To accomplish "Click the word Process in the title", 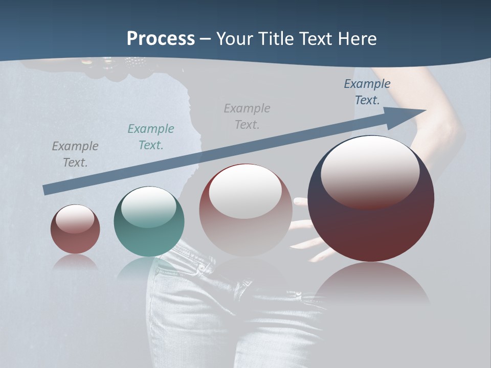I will click(x=161, y=39).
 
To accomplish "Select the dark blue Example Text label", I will click(x=367, y=92).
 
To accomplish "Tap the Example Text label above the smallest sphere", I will click(x=75, y=154).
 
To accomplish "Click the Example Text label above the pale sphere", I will click(x=247, y=117).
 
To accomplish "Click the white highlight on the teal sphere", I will click(x=149, y=205).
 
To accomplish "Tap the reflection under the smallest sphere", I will click(x=75, y=262).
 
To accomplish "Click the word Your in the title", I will click(x=233, y=39).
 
